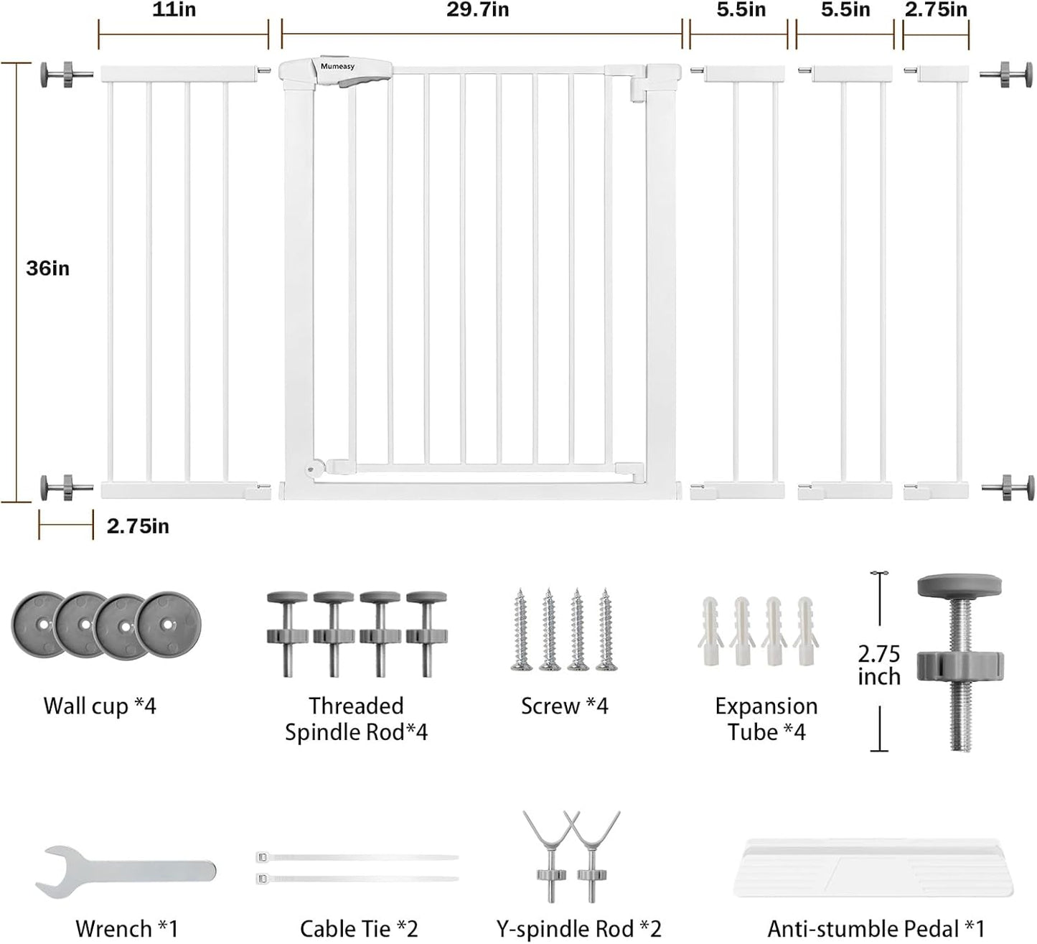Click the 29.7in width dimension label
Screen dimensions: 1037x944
[477, 10]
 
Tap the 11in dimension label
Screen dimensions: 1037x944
[174, 10]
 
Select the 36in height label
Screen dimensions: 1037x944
[47, 268]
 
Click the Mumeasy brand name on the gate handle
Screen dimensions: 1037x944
[337, 67]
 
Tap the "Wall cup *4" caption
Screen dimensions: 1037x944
[100, 706]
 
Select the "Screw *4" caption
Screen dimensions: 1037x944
[565, 706]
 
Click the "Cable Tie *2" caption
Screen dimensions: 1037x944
[359, 929]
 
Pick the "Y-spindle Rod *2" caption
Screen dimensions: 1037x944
[579, 929]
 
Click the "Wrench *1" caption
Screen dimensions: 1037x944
[127, 929]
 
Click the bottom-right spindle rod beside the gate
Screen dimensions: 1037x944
[1008, 487]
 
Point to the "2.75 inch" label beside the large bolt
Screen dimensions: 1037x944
[879, 665]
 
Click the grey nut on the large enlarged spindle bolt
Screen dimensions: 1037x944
[960, 666]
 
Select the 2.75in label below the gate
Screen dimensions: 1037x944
[138, 526]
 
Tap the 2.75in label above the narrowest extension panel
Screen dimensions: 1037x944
[936, 10]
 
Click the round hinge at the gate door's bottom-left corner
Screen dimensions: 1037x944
[311, 469]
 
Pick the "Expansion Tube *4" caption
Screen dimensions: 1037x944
[766, 719]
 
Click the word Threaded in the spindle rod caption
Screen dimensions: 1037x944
[356, 706]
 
